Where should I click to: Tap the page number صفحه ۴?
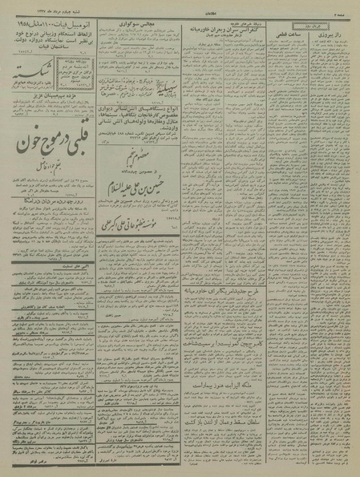click(346, 6)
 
